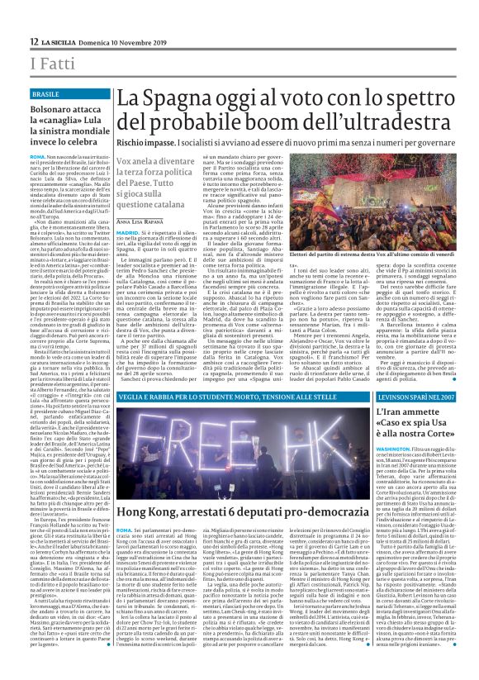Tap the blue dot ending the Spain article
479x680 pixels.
pos(410,356)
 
